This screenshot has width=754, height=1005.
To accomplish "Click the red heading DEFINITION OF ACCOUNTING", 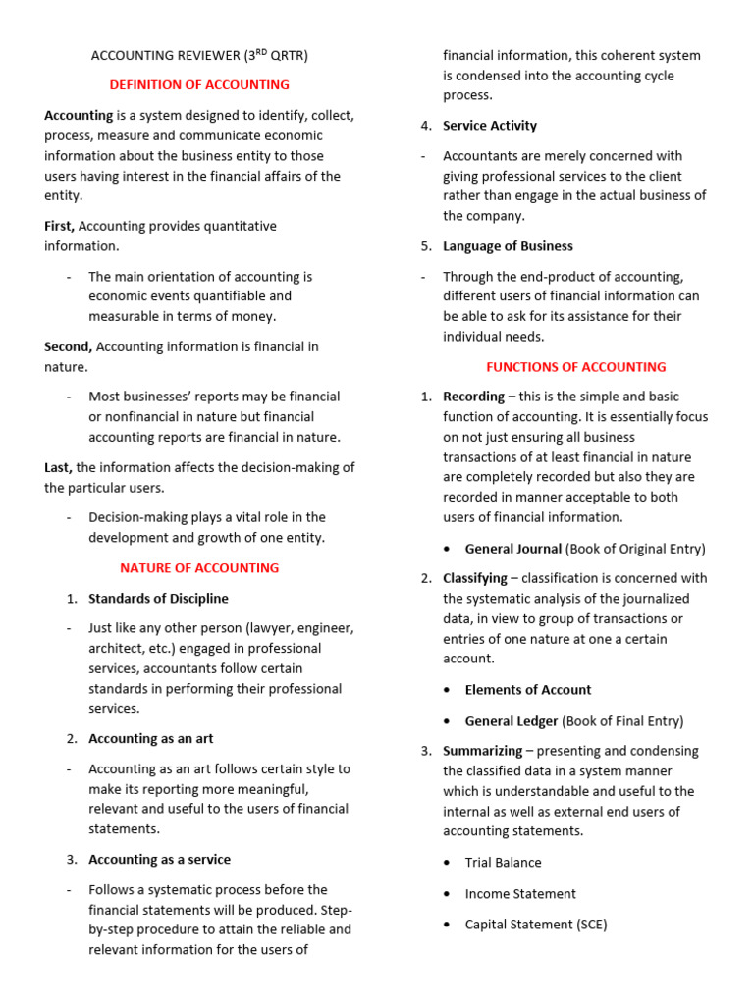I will [x=199, y=85].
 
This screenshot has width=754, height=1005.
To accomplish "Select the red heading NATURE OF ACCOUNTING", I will [x=199, y=568].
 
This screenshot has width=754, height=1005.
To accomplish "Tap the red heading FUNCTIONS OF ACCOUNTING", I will [x=576, y=367].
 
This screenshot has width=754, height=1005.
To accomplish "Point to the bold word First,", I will [x=60, y=226].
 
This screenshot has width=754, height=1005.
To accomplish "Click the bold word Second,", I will [x=69, y=346].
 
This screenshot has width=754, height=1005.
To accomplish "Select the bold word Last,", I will [x=59, y=467].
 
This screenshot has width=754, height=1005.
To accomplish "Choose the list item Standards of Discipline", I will [x=158, y=599].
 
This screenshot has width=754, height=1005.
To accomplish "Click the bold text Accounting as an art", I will [x=150, y=739].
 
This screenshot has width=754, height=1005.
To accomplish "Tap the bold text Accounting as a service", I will [x=159, y=860].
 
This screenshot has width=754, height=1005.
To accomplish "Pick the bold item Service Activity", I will [x=490, y=126].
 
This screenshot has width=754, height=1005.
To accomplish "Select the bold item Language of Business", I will [x=508, y=246].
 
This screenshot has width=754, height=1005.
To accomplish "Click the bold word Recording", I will [x=473, y=397].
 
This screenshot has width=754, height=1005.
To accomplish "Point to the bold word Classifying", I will [x=475, y=579].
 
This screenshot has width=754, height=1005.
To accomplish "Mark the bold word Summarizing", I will [x=482, y=751].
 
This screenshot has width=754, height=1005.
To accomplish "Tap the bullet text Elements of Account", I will [x=528, y=690].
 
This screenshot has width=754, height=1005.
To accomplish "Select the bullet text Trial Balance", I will [x=503, y=863].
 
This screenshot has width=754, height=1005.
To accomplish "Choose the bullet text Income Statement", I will [x=520, y=894].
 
